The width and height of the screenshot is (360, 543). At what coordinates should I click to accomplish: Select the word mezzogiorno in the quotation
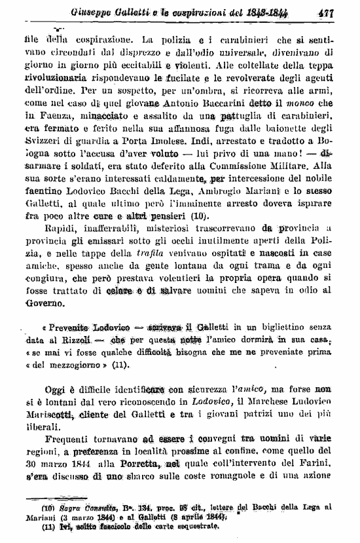(73, 366)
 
